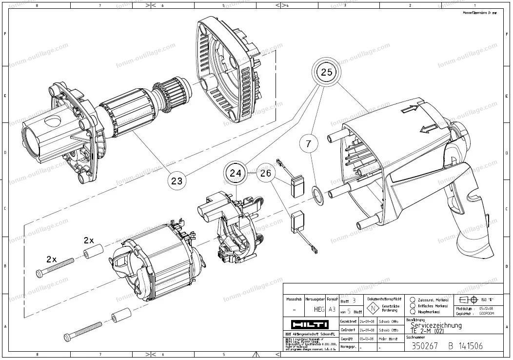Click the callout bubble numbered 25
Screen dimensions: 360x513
[326, 72]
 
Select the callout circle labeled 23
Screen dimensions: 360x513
[177, 180]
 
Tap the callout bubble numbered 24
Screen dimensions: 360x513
[236, 173]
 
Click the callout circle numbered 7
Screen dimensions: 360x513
[309, 143]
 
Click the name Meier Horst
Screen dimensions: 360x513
[388, 339]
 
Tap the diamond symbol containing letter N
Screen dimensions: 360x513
[373, 308]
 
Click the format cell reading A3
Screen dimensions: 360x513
[332, 309]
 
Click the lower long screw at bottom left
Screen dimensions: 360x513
[82, 331]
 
